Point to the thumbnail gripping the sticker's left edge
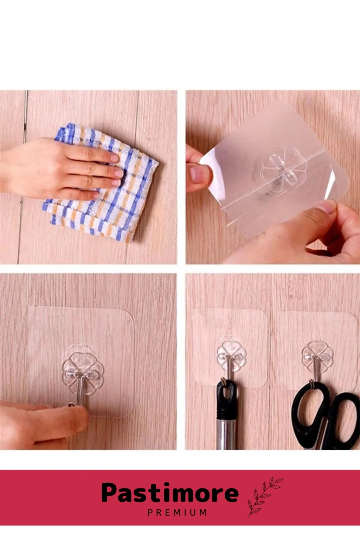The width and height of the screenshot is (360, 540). coord(199,174)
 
